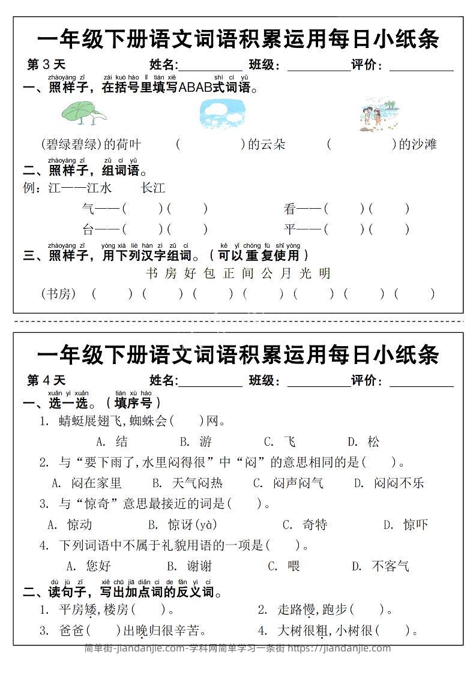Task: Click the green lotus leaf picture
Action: point(83,113)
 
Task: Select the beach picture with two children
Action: point(379,115)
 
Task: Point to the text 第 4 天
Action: point(46,380)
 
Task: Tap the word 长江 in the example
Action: point(153,188)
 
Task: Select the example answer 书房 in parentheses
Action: point(58,294)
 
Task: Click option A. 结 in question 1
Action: point(112,442)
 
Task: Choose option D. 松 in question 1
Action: point(364,442)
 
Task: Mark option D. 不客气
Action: point(381,566)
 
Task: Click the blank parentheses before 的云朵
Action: point(210,145)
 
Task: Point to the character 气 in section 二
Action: point(88,209)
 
